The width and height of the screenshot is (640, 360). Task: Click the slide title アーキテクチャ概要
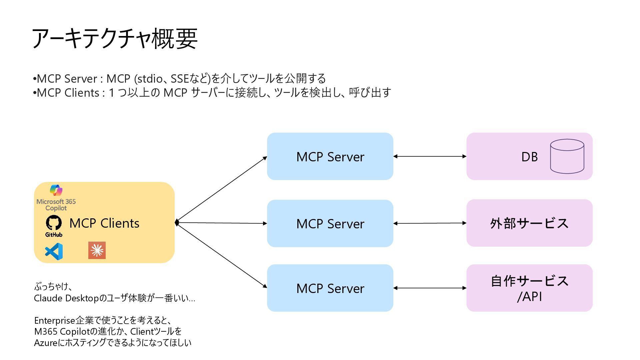[115, 39]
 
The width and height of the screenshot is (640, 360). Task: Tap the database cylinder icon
[567, 156]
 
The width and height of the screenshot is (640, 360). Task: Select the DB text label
[529, 157]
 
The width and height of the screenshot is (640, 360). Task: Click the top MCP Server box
[330, 156]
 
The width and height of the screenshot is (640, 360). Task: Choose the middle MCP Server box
[330, 223]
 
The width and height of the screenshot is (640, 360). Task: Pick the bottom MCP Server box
[330, 288]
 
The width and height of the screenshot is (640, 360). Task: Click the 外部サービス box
[529, 223]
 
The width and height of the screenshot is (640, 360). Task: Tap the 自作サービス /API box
[529, 288]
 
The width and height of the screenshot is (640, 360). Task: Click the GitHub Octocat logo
[54, 223]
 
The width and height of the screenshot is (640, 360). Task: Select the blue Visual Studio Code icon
[54, 251]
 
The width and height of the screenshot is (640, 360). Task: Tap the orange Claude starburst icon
[97, 250]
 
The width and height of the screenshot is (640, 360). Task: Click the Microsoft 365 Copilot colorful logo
[56, 190]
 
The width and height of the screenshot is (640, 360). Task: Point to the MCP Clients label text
[104, 223]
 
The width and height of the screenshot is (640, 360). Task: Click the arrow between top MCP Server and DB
[430, 156]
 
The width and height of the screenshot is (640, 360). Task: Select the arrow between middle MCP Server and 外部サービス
[430, 223]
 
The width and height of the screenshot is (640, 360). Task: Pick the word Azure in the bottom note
[46, 343]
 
